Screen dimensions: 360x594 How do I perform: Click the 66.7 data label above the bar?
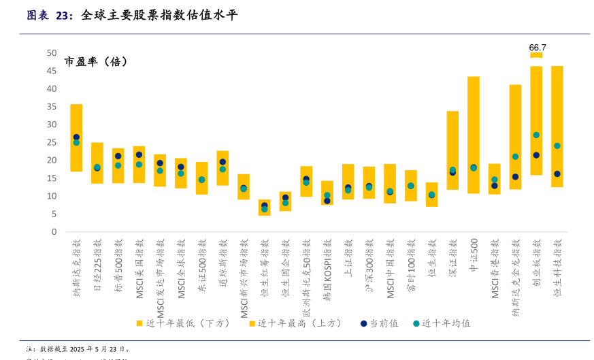pyautogui.click(x=538, y=48)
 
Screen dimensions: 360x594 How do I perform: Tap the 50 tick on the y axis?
pyautogui.click(x=52, y=53)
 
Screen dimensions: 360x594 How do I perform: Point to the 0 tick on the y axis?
pyautogui.click(x=54, y=232)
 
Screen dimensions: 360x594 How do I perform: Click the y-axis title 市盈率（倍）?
pyautogui.click(x=97, y=62)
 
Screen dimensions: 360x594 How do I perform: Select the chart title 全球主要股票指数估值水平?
pyautogui.click(x=159, y=15)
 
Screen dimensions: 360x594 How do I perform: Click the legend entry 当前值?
pyautogui.click(x=379, y=323)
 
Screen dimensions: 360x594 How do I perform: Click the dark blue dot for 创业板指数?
pyautogui.click(x=536, y=155)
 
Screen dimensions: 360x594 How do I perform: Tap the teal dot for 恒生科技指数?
pyautogui.click(x=557, y=146)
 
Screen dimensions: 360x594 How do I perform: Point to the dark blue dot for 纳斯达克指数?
pyautogui.click(x=76, y=137)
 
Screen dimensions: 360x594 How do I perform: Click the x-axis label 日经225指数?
pyautogui.click(x=97, y=265)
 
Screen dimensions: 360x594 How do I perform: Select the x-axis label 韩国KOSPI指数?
pyautogui.click(x=327, y=269)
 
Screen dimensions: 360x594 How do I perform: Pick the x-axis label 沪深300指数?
pyautogui.click(x=369, y=265)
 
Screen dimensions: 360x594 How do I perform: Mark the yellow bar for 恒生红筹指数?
pyautogui.click(x=265, y=208)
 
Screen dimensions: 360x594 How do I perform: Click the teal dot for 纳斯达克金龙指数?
pyautogui.click(x=515, y=157)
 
